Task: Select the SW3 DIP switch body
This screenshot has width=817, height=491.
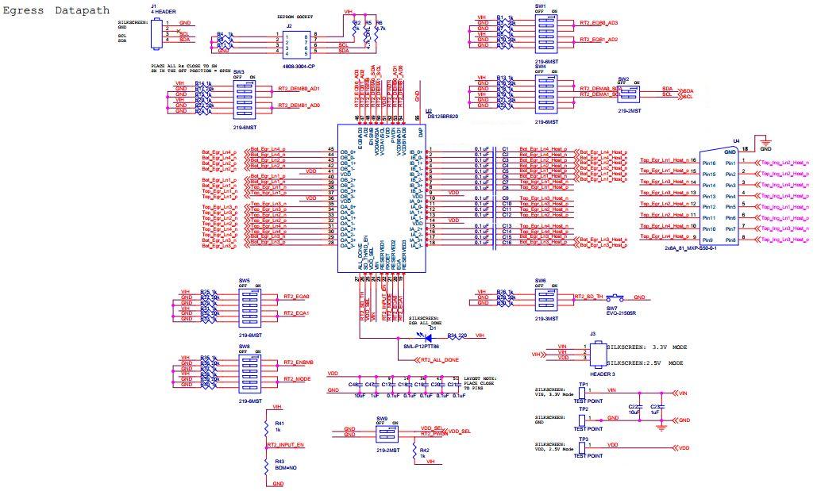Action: coord(244,99)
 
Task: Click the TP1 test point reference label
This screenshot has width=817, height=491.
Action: coord(583,384)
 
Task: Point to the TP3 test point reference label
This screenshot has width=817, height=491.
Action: coord(583,439)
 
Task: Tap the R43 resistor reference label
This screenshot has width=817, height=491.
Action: coord(279,462)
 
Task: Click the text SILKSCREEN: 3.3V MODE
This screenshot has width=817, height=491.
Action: coord(646,347)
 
